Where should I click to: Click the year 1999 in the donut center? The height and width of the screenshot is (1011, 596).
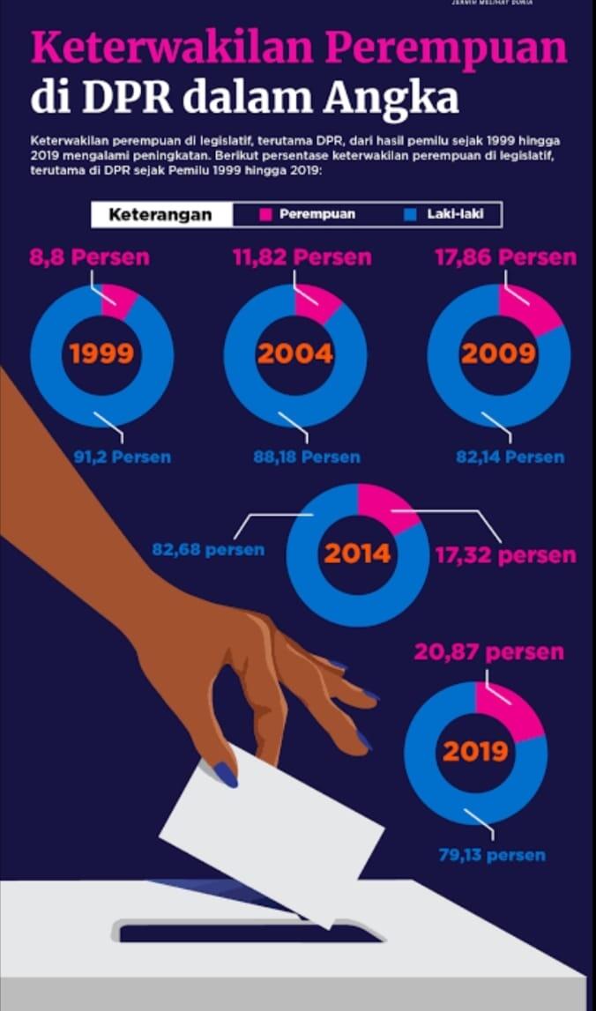tap(102, 354)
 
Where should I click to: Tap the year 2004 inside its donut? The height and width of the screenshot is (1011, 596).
tap(295, 354)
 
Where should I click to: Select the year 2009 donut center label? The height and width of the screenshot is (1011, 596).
tap(498, 354)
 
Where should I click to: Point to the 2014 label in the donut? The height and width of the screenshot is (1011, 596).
tap(358, 554)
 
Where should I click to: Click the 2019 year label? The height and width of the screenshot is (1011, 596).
tap(475, 752)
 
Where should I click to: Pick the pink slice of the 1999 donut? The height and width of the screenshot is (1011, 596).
tap(119, 301)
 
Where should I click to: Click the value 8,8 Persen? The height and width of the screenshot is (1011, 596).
tap(89, 257)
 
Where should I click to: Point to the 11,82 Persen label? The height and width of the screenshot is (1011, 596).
tap(302, 257)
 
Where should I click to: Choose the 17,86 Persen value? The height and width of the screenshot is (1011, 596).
tap(505, 257)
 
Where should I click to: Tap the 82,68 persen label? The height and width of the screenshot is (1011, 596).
tap(208, 549)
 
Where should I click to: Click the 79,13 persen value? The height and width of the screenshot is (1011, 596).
tap(492, 855)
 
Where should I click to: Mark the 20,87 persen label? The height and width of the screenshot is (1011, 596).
tap(488, 652)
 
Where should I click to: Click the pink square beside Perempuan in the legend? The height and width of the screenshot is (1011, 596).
tap(264, 214)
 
